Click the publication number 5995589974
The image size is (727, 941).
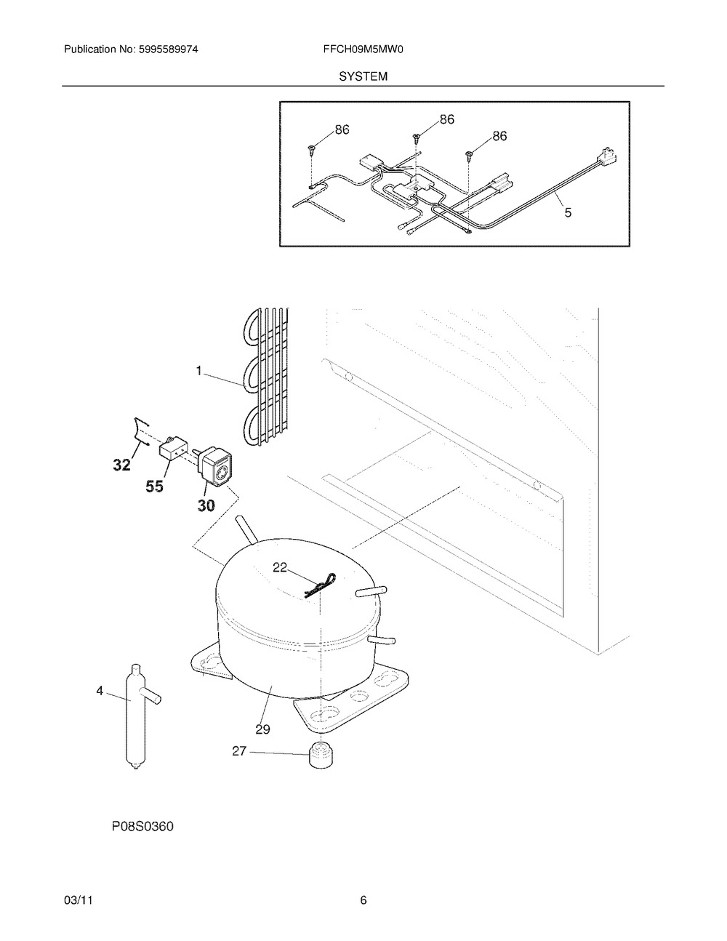168,49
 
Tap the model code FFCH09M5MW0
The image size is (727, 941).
363,49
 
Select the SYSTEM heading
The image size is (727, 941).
363,76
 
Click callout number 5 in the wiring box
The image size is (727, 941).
568,212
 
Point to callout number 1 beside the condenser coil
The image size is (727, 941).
198,371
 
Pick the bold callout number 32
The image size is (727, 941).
122,465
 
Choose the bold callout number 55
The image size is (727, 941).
154,486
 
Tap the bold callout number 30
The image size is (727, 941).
206,505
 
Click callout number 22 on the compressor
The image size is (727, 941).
280,567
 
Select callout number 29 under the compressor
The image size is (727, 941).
262,729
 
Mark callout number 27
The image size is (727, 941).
239,751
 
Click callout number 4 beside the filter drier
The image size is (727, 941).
100,691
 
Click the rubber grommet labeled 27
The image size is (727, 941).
321,756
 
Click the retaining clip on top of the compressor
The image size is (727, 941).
319,585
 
